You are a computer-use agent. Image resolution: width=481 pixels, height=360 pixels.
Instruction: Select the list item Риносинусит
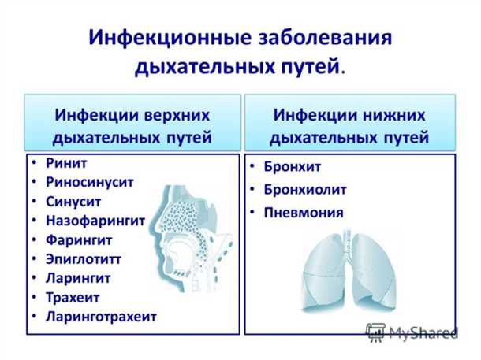(89, 182)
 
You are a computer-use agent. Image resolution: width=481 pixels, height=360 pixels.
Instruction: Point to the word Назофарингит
(95, 221)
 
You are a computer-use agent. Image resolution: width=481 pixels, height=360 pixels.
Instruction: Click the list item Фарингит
(79, 239)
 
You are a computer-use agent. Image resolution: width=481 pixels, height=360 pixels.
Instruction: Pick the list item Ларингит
(78, 277)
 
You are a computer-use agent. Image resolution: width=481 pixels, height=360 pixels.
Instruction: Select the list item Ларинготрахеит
(101, 316)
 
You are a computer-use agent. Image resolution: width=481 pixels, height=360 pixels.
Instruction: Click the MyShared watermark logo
(411, 332)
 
